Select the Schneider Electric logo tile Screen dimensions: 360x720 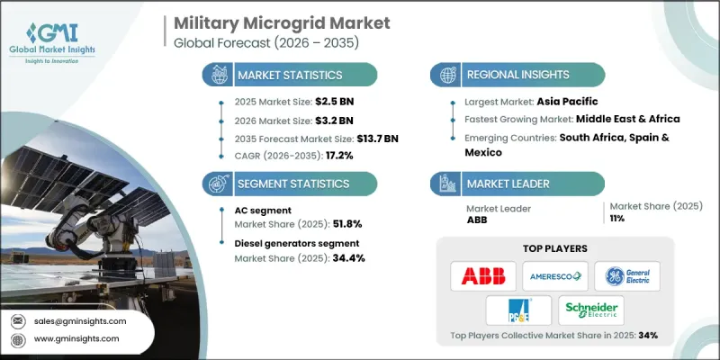[590, 310]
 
